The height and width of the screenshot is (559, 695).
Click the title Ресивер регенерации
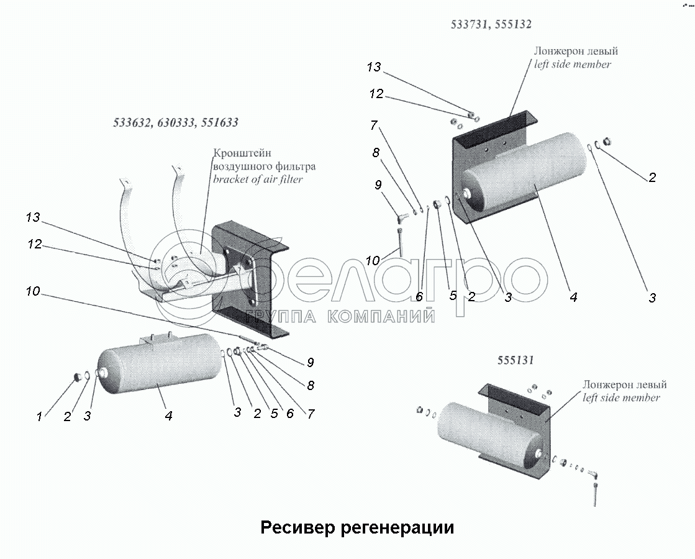click(x=357, y=527)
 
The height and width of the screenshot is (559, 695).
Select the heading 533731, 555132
click(x=491, y=25)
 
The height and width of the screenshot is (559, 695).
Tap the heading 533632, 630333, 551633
click(x=175, y=122)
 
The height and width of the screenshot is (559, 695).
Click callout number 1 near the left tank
click(x=39, y=417)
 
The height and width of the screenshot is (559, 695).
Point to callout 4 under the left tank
click(x=168, y=417)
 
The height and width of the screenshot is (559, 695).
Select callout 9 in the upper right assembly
click(x=378, y=184)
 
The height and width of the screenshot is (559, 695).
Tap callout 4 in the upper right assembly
click(x=573, y=298)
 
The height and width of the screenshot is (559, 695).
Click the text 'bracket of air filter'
click(x=258, y=180)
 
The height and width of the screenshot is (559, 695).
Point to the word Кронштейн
click(x=242, y=153)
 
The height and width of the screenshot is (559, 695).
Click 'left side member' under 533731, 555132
click(x=572, y=64)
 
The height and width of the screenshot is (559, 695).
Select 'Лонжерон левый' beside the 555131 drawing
click(x=624, y=384)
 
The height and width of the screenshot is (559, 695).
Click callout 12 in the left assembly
click(x=34, y=244)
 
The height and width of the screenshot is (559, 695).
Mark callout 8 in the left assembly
click(x=310, y=386)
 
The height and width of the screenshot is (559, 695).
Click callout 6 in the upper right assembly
click(x=419, y=297)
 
